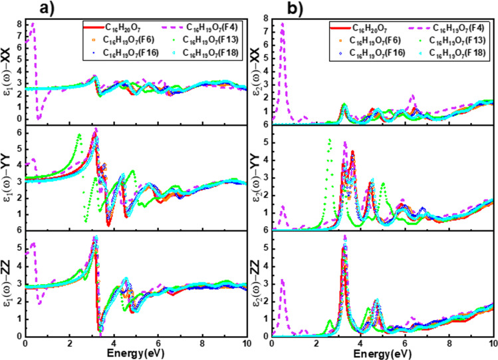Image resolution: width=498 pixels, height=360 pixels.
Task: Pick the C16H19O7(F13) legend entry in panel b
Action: point(438,42)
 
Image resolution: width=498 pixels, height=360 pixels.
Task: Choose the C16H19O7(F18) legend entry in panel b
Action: point(438,56)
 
